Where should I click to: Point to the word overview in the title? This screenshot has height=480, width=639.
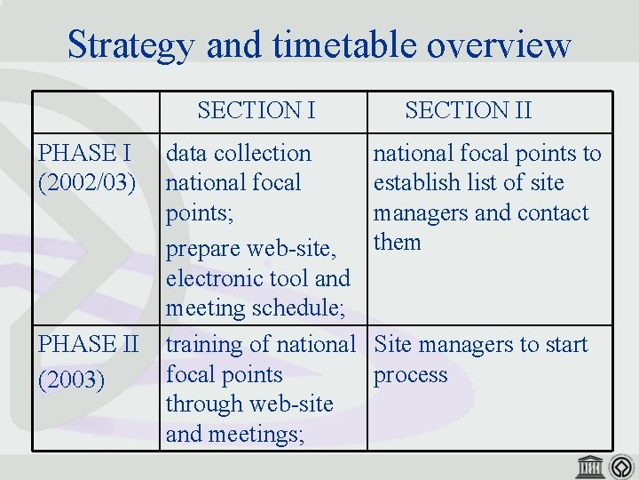[x=509, y=44]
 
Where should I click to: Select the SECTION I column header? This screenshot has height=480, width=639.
[x=256, y=110]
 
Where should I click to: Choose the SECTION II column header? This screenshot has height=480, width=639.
[x=468, y=110]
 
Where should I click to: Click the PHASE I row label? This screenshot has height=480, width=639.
[x=78, y=153]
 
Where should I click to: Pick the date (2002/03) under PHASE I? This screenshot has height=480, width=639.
[x=87, y=183]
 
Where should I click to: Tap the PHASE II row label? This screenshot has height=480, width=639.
[x=87, y=344]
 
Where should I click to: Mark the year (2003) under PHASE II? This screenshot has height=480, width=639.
[x=72, y=380]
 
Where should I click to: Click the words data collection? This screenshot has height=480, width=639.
[x=239, y=154]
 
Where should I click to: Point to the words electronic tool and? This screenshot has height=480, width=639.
[x=258, y=279]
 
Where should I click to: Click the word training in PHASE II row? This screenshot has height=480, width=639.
[x=201, y=344]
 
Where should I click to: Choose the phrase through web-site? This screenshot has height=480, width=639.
[x=249, y=404]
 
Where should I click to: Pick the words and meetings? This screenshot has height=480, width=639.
[x=235, y=434]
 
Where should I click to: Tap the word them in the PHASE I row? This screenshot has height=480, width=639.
[x=397, y=242]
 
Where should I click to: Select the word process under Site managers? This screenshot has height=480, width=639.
[x=410, y=375]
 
